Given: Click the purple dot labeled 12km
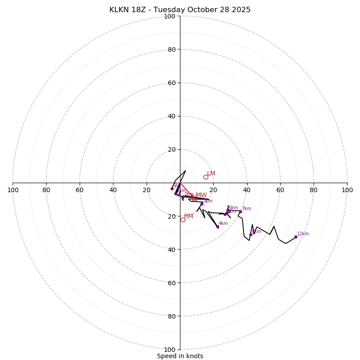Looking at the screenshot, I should [296, 237].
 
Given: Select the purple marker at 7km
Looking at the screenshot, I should [240, 211].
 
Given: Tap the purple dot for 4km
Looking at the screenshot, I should [217, 226].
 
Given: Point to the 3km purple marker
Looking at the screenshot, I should [202, 204].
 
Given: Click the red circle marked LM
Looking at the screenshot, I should [206, 177].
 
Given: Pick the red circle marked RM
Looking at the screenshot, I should [183, 220].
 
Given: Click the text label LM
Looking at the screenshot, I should [211, 174].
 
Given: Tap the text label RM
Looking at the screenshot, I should [189, 216].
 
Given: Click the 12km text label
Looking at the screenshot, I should [303, 234].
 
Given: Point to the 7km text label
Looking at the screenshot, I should [247, 209].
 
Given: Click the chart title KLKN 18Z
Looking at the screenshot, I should [180, 10].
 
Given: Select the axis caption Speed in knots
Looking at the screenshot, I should [180, 356].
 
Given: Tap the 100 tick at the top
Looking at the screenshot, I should [170, 16].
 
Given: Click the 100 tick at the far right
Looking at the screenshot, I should [347, 190].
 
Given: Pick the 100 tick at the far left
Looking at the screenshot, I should [13, 190].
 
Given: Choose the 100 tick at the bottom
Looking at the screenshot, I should [170, 349].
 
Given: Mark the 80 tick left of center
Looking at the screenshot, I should [46, 190].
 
